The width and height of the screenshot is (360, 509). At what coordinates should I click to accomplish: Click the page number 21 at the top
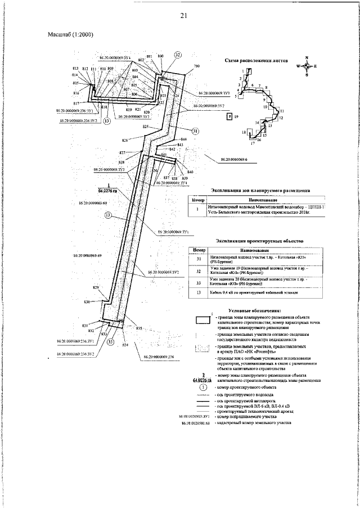183,15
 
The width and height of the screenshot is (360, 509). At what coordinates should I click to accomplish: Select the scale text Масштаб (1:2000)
70,35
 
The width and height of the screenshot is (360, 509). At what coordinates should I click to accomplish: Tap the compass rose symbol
306,66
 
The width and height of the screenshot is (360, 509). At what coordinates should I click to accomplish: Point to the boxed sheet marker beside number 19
229,116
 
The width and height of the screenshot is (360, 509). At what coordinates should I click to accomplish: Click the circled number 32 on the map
178,55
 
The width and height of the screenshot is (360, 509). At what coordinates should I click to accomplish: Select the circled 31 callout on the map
195,131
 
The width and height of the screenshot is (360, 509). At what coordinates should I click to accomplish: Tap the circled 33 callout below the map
110,341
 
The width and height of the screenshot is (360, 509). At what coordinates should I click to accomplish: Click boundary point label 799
196,66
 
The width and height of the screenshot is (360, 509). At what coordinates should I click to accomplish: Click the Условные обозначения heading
255,310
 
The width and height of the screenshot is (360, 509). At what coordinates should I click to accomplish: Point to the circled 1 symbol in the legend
203,388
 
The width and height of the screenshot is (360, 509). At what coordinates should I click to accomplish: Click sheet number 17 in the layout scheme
253,143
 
